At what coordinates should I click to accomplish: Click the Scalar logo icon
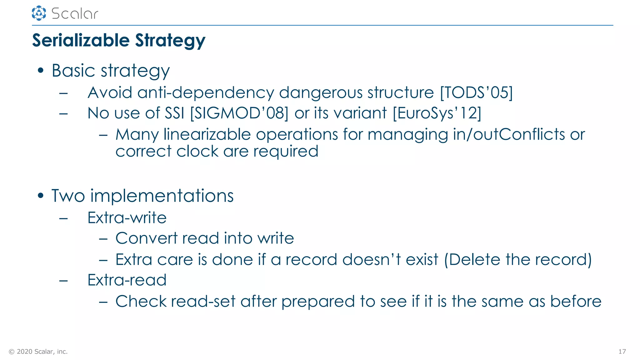(x=39, y=13)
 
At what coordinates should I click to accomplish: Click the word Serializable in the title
(x=81, y=41)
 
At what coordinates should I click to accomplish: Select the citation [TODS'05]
(x=476, y=92)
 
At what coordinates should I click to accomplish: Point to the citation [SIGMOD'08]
(x=239, y=113)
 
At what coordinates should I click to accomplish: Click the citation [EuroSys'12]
(x=437, y=113)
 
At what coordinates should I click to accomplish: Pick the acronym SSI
(x=174, y=113)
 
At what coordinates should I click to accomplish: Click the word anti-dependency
(x=206, y=92)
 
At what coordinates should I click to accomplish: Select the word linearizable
(x=207, y=134)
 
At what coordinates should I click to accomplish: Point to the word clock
(x=197, y=151)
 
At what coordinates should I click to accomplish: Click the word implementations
(x=162, y=196)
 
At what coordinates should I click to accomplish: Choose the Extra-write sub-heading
(x=127, y=217)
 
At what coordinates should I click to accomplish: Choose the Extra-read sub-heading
(x=127, y=280)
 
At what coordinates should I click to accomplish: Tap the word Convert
(x=146, y=238)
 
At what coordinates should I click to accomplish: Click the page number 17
(x=622, y=352)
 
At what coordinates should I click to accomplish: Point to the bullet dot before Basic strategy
(x=40, y=70)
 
